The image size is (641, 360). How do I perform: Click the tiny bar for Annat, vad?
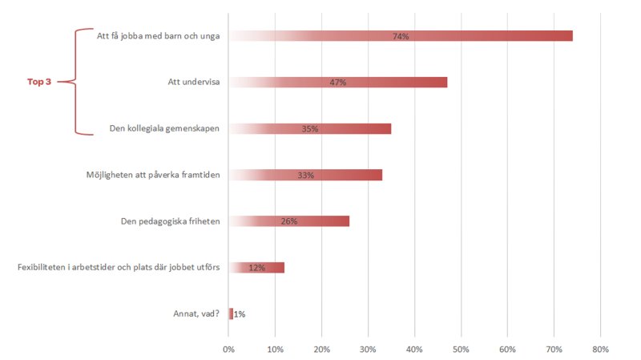(231, 313)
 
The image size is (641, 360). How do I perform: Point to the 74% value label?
(401, 36)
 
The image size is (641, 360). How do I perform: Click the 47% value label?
(337, 83)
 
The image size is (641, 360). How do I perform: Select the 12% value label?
(257, 268)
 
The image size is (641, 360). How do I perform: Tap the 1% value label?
(240, 314)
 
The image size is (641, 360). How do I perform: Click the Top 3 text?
(39, 82)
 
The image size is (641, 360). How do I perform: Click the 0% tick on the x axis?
(228, 349)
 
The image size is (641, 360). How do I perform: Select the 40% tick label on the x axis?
(414, 349)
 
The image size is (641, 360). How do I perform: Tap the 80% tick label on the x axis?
(600, 349)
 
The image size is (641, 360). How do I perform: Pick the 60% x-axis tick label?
(507, 349)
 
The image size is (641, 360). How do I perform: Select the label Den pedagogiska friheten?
(174, 221)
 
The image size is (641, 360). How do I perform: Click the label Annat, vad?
(197, 313)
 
